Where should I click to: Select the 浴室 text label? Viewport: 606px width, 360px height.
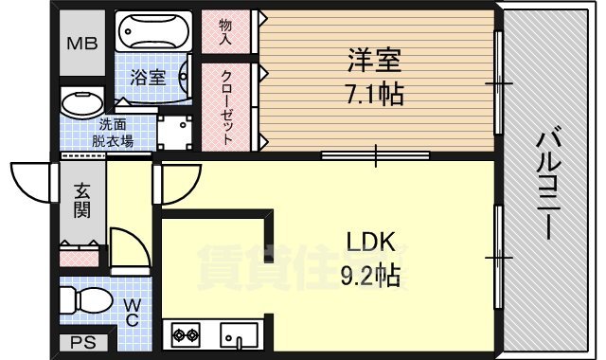coord(150,79)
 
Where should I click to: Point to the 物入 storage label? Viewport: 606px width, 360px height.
coord(225,32)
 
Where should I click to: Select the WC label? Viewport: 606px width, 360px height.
coord(133,312)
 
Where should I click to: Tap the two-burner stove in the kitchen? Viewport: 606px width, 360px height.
coord(187,334)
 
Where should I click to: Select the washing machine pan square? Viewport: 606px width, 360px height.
coord(175,132)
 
